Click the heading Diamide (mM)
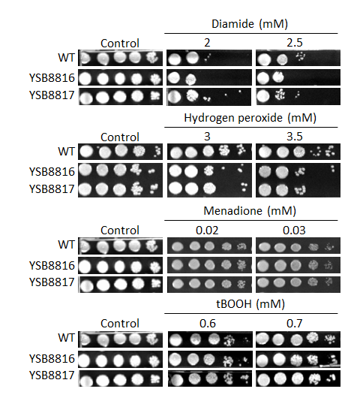coord(250,24)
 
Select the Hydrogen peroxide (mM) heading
coord(250,118)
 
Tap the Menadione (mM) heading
coord(250,211)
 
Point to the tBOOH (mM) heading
coord(250,304)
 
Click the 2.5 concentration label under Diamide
coord(295,43)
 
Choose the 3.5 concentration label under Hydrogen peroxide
coord(295,137)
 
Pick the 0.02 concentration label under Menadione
coord(207,231)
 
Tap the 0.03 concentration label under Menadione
coord(294,231)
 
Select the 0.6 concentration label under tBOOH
coord(208,324)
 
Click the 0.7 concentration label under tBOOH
coord(295,324)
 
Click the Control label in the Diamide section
coord(120,44)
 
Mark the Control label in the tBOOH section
coord(120,324)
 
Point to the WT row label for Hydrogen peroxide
coord(67,152)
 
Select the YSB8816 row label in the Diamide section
coord(52,78)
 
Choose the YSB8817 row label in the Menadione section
coord(52,282)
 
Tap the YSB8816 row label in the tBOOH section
coord(52,359)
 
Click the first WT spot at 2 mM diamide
coord(174,59)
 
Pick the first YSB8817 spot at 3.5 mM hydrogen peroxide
coord(265,190)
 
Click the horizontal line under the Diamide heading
coord(251,33)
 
